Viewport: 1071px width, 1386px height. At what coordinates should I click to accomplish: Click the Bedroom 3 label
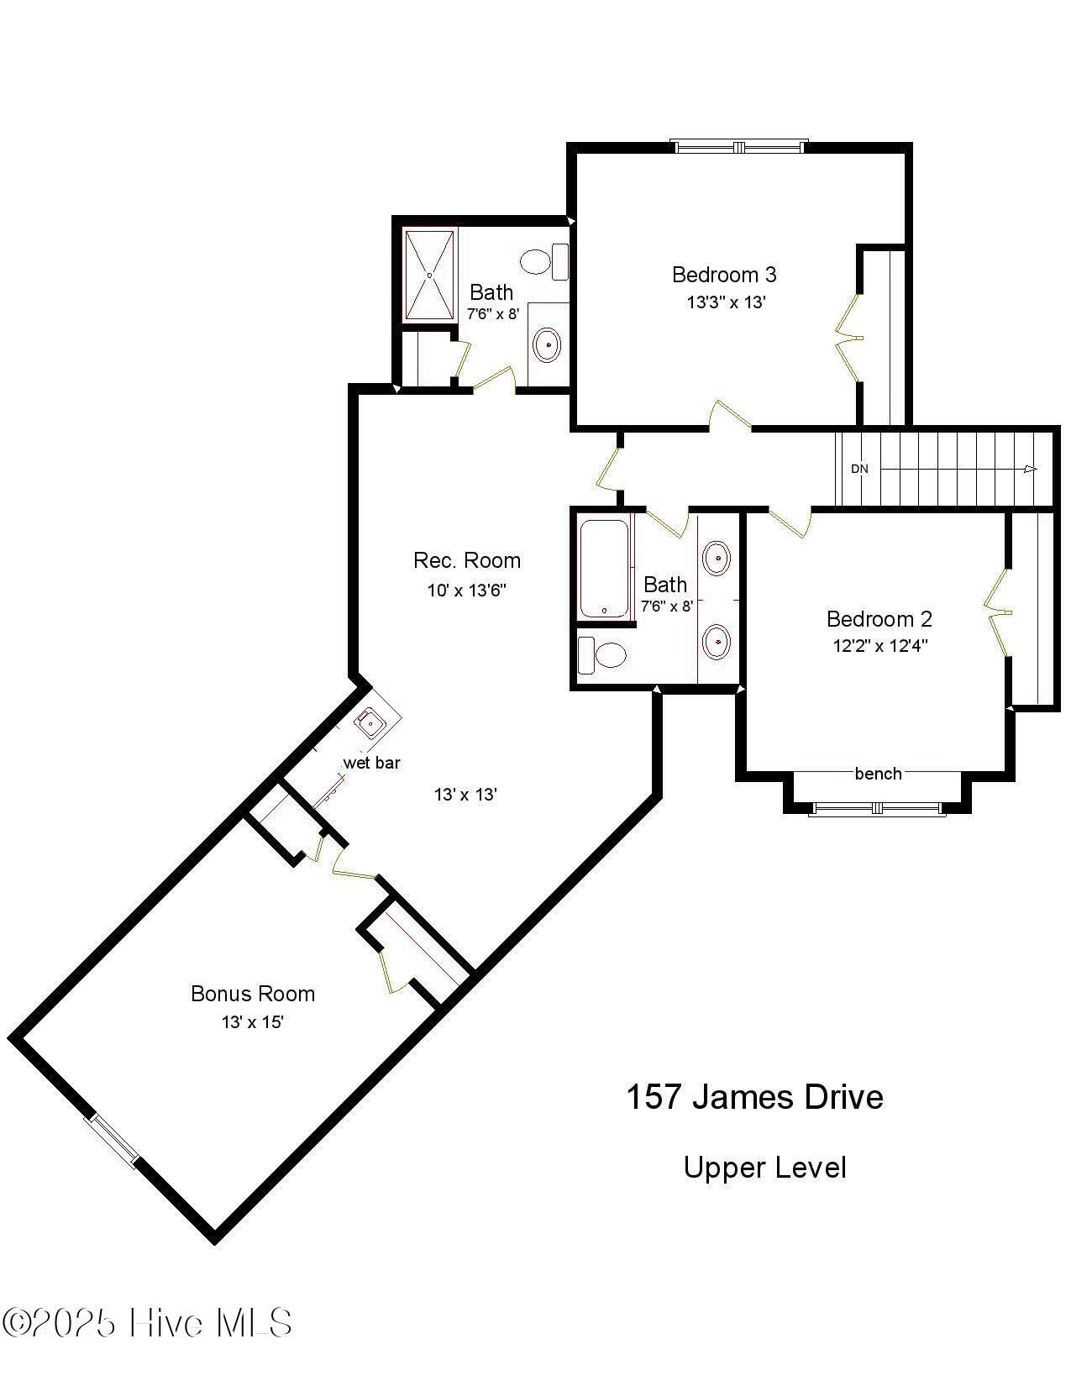tap(724, 275)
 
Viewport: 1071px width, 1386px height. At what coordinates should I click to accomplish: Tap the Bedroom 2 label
tap(879, 619)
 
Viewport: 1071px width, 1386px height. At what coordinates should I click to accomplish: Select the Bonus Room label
tap(253, 994)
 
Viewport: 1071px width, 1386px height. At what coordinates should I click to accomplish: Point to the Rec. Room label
tap(467, 560)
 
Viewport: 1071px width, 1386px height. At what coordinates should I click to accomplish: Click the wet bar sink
tap(370, 722)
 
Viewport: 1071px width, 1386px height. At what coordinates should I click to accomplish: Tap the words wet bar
tap(371, 763)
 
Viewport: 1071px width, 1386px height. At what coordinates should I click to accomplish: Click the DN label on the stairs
tap(859, 469)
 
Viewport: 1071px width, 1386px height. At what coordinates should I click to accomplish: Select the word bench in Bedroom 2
tap(878, 774)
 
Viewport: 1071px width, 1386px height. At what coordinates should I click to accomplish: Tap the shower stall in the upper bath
tap(430, 275)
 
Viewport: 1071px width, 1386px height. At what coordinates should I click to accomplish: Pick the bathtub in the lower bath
tap(604, 569)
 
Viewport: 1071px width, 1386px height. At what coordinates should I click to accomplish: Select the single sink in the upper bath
tap(548, 344)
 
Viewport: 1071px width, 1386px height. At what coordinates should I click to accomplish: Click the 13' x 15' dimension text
tap(252, 1022)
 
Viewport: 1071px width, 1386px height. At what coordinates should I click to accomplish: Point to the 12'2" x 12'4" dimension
tap(879, 646)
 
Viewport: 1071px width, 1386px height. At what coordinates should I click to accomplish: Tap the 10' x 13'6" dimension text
tap(466, 590)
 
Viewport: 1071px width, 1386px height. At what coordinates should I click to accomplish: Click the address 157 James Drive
tap(754, 1097)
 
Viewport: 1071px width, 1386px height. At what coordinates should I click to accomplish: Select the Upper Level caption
tap(764, 1168)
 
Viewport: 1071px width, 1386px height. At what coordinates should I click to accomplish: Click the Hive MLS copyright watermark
tap(147, 1323)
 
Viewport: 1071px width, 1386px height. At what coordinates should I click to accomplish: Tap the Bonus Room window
tap(113, 1140)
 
